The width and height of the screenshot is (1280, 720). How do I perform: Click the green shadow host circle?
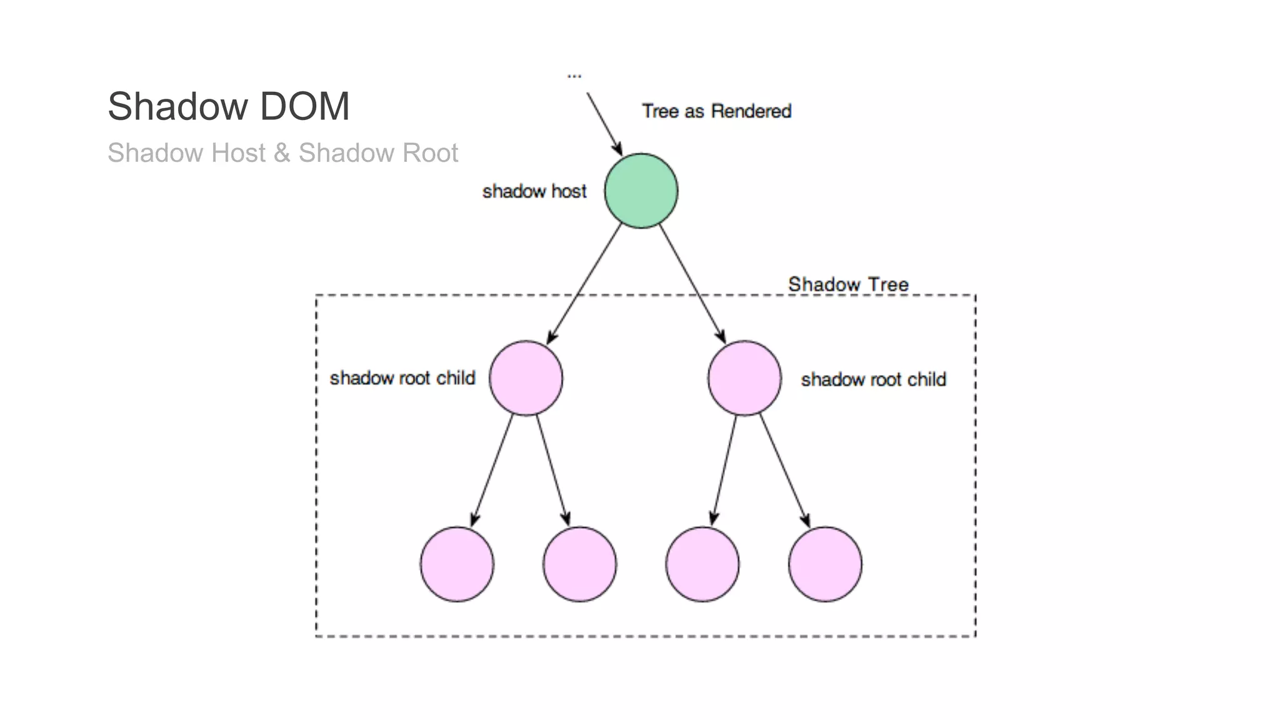641,191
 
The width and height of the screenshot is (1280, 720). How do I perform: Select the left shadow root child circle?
526,378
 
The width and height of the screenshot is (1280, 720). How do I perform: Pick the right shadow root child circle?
744,378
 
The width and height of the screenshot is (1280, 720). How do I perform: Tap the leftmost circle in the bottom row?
457,564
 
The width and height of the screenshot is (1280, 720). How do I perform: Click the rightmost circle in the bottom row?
825,564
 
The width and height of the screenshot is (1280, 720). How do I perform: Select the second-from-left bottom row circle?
579,564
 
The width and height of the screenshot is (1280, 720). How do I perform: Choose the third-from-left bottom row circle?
702,564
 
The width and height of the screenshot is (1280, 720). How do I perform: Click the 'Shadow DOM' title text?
228,106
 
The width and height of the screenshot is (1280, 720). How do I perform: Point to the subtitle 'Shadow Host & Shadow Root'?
282,153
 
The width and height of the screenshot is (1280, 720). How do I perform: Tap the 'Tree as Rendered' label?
716,111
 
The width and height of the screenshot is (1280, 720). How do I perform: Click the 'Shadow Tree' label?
848,284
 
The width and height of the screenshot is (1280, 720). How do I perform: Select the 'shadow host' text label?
534,191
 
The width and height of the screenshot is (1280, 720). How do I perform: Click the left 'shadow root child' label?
402,378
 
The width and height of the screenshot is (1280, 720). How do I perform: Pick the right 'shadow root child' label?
873,379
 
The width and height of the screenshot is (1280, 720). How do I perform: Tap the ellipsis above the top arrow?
574,76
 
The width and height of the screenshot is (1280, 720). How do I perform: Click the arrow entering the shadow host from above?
604,124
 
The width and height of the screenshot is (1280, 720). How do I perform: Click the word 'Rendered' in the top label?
751,111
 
